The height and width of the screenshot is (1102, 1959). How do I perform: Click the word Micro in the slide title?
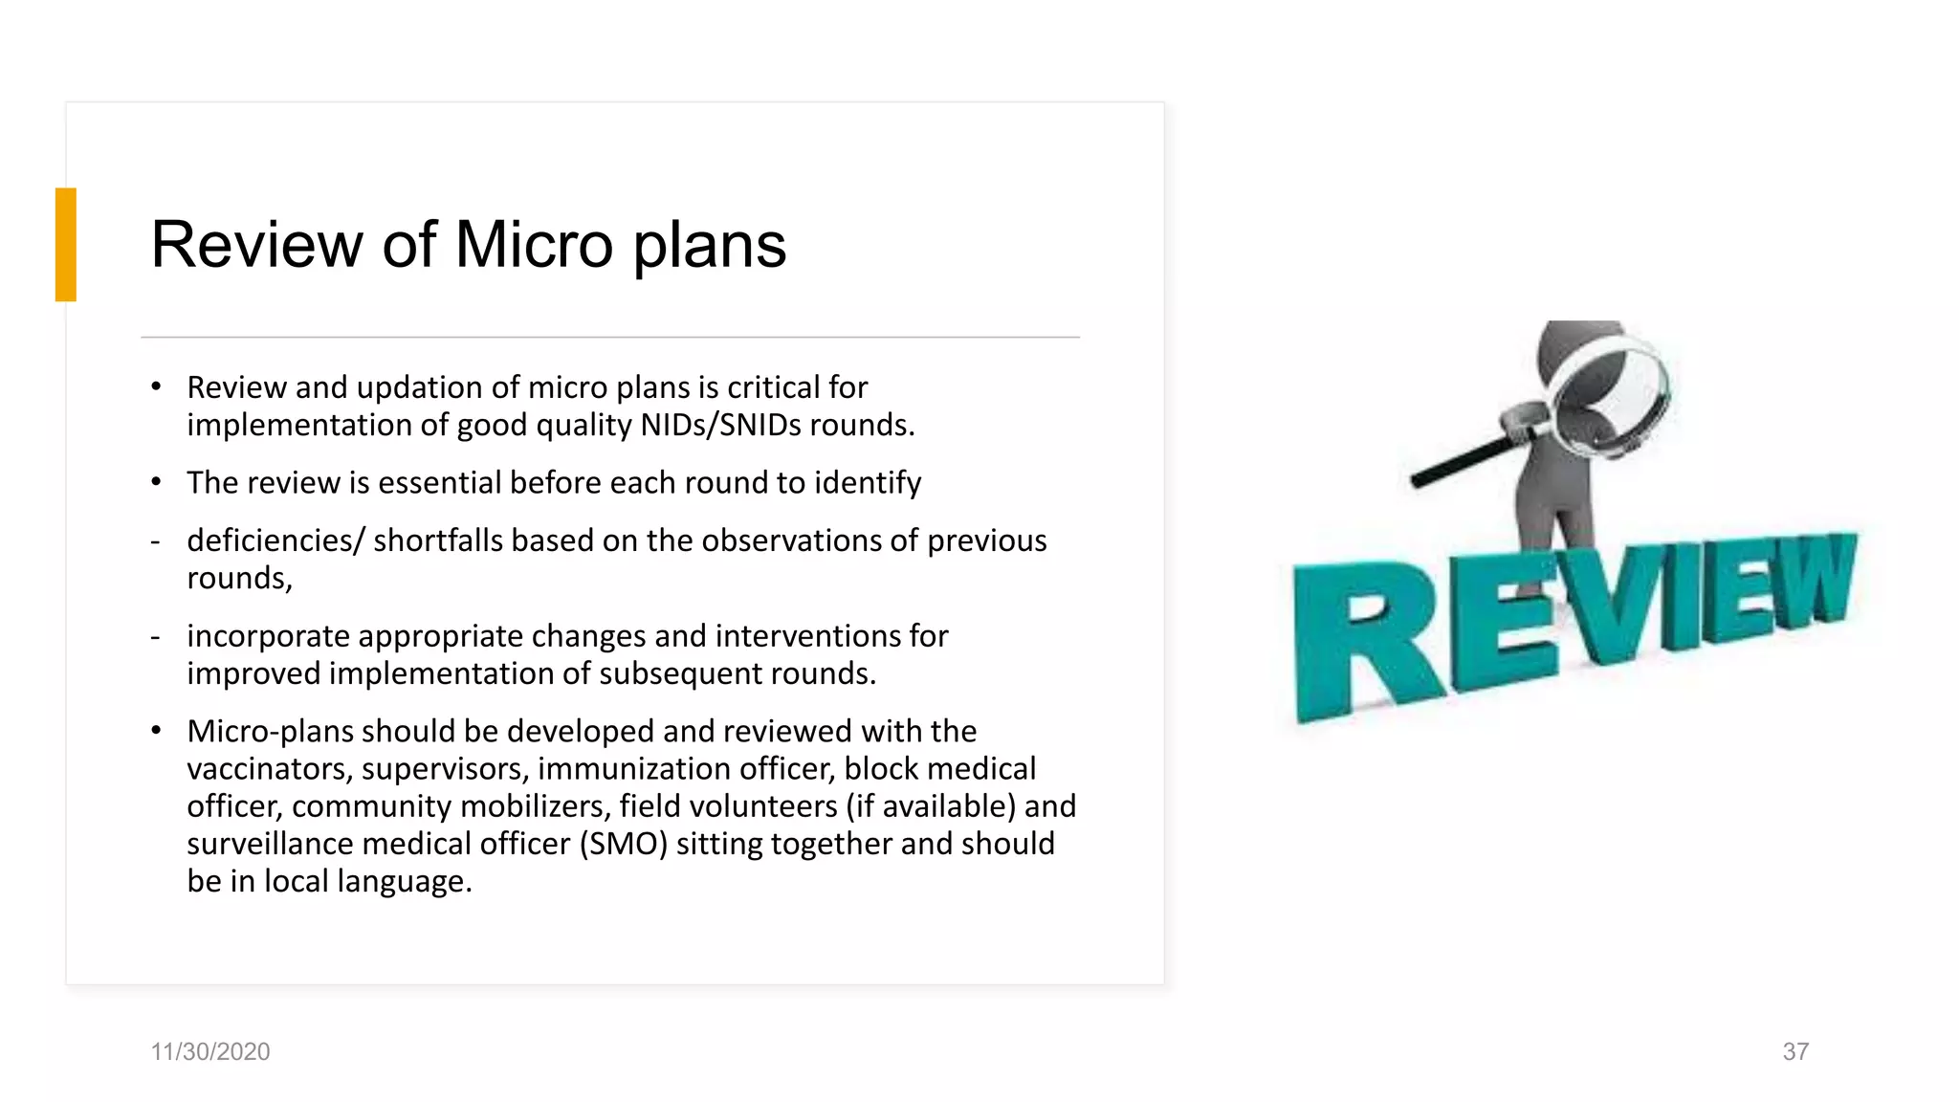click(x=534, y=245)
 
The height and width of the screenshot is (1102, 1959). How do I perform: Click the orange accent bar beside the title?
click(x=65, y=245)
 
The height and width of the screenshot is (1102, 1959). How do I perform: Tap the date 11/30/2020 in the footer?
click(x=210, y=1051)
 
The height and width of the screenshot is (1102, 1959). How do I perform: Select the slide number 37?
click(x=1795, y=1051)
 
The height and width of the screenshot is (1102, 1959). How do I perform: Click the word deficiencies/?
click(x=275, y=540)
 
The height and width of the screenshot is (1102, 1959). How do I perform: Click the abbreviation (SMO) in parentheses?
click(x=623, y=844)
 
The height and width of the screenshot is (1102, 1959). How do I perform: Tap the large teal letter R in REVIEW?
click(x=1363, y=641)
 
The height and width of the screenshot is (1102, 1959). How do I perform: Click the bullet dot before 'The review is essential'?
click(x=156, y=481)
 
